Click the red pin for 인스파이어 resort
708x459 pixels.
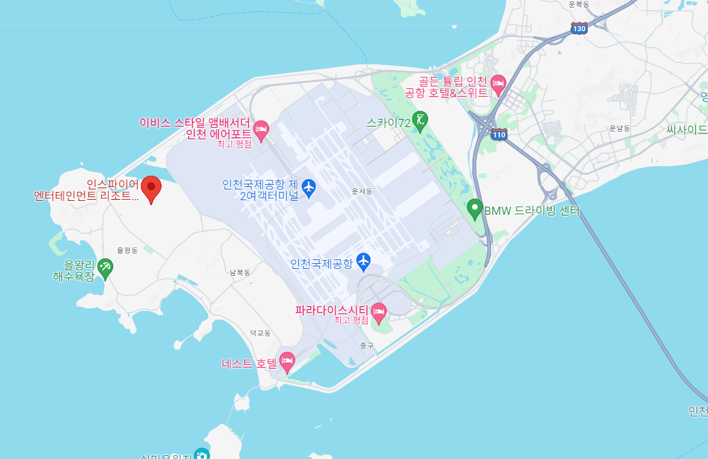[x=151, y=188]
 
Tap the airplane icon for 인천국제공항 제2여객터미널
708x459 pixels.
[x=309, y=187]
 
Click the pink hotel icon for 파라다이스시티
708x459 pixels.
[x=379, y=311]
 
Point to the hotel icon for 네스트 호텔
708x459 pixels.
[x=288, y=362]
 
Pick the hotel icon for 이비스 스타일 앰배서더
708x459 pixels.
[x=261, y=130]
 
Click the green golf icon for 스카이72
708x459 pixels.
[x=420, y=120]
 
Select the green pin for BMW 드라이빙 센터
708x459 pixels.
[x=475, y=209]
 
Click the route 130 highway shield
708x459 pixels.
[x=579, y=29]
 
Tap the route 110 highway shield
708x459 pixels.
[x=499, y=135]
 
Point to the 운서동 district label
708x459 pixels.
[x=361, y=191]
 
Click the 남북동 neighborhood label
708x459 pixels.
[x=240, y=273]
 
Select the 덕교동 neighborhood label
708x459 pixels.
[x=260, y=332]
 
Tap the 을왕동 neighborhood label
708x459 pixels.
[x=128, y=250]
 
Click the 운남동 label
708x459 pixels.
[x=619, y=128]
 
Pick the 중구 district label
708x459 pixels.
[x=366, y=346]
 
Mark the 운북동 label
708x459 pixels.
[x=580, y=4]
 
